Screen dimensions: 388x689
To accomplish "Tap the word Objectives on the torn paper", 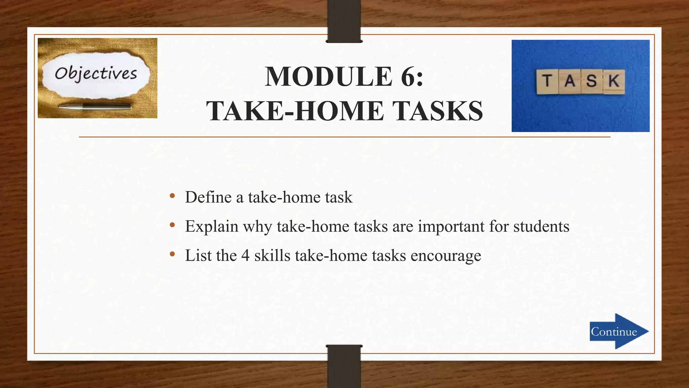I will pyautogui.click(x=96, y=74).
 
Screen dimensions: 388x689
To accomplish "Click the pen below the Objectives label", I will pyautogui.click(x=95, y=107).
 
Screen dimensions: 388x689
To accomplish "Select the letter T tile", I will pyautogui.click(x=547, y=82).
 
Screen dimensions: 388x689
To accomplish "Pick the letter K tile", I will pyautogui.click(x=614, y=82).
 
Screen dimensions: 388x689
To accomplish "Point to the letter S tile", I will pyautogui.click(x=591, y=82).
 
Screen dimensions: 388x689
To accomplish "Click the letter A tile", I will pyautogui.click(x=570, y=82).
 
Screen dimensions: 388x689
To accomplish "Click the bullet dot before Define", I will pyautogui.click(x=173, y=196).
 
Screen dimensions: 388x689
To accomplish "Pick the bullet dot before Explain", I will pyautogui.click(x=173, y=225).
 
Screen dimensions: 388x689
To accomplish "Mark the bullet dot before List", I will pyautogui.click(x=173, y=254).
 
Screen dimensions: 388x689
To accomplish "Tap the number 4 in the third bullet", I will pyautogui.click(x=245, y=256).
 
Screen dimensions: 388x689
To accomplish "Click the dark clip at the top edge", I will pyautogui.click(x=344, y=21).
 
